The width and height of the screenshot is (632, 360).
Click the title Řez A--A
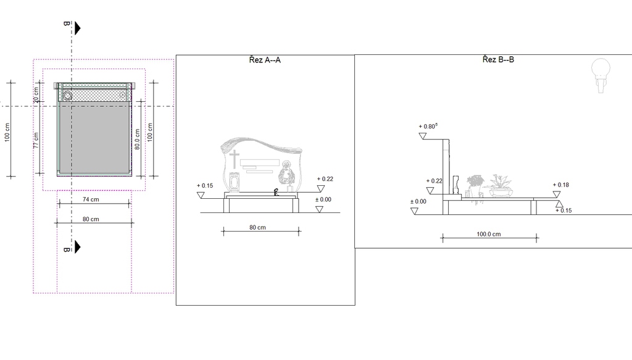pos(265,60)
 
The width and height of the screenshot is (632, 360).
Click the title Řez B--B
pos(498,60)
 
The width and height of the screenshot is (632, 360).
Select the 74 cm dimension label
pos(91,199)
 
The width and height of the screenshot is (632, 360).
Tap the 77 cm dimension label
pos(36,140)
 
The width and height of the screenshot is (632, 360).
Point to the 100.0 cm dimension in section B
pos(489,234)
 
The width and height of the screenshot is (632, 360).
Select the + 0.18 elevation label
pos(561,185)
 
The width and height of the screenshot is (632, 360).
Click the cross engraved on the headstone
pos(234,159)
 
